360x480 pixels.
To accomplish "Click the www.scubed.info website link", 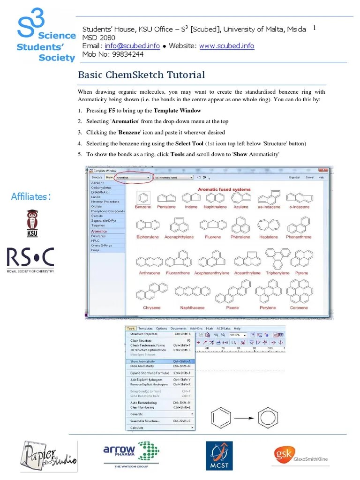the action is tap(227, 46).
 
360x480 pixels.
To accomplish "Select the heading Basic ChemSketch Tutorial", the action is tap(141, 75).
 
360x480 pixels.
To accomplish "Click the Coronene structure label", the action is tap(299, 308).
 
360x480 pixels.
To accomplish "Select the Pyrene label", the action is tap(301, 273).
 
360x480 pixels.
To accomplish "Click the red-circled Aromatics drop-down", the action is tap(134, 178).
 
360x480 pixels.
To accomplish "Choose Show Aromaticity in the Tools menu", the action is tap(142, 361).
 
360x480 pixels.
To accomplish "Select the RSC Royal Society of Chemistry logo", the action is tap(30, 260).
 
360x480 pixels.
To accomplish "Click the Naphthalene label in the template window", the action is tap(215, 207).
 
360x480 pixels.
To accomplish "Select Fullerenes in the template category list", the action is tap(99, 236).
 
